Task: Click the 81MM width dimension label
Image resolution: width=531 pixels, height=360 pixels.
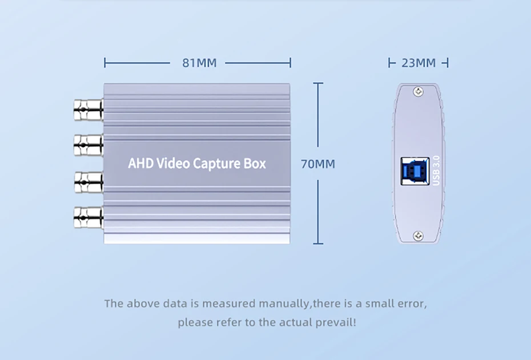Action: tap(199, 63)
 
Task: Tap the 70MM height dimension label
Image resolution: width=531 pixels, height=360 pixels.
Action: tap(318, 164)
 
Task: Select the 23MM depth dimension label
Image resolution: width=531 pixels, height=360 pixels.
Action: tap(418, 63)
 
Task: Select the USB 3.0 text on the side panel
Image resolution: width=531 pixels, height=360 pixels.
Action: tap(437, 170)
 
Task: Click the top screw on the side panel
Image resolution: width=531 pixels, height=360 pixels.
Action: tap(418, 91)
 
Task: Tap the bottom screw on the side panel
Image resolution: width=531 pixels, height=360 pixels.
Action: tap(418, 235)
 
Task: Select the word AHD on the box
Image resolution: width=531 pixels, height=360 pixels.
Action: tap(140, 164)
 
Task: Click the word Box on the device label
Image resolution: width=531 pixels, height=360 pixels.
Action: tap(254, 164)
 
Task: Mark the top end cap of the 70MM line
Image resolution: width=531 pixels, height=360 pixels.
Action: tap(318, 83)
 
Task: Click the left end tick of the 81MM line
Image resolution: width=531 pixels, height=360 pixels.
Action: tap(105, 62)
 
